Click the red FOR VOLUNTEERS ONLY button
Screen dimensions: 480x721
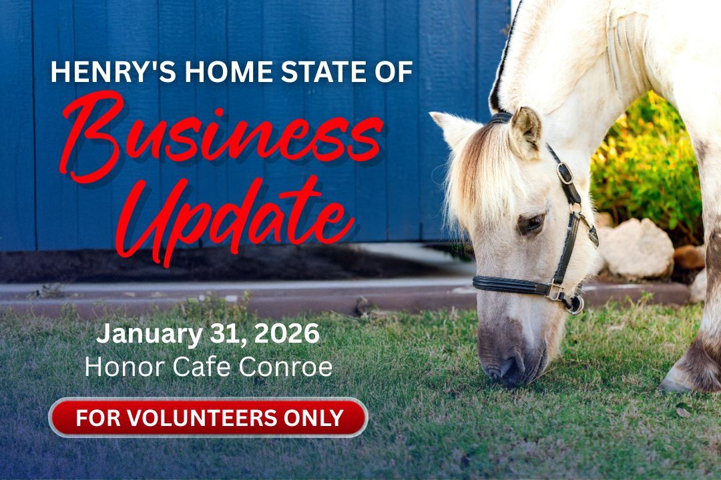point(208,418)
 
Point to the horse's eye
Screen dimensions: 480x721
point(531,223)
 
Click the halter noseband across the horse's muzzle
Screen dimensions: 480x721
point(511,285)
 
